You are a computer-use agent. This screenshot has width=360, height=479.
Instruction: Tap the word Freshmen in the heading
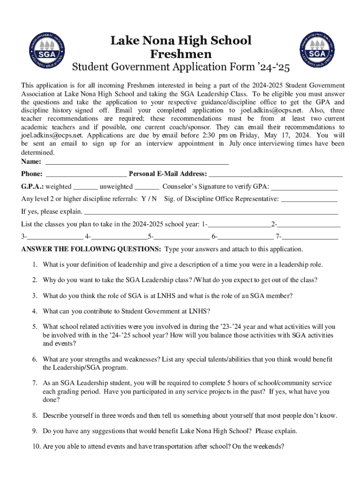pyautogui.click(x=181, y=54)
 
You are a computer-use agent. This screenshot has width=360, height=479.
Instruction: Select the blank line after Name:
pyautogui.click(x=136, y=163)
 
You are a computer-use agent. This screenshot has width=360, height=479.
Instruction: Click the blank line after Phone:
pyautogui.click(x=86, y=175)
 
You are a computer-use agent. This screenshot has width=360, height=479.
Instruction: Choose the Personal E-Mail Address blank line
pyautogui.click(x=276, y=175)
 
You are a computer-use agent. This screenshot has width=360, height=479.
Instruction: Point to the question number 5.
pyautogui.click(x=35, y=327)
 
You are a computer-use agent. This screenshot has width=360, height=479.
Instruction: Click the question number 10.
pyautogui.click(x=36, y=446)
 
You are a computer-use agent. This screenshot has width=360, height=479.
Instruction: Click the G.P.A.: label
pyautogui.click(x=32, y=187)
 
